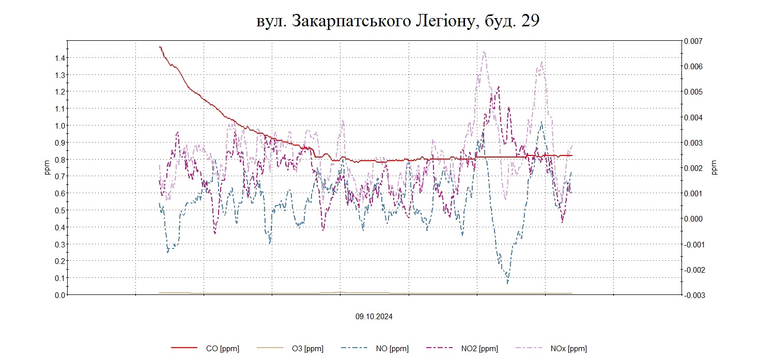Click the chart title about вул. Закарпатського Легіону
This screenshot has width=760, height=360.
point(398,21)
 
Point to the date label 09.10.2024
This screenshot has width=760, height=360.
point(374,317)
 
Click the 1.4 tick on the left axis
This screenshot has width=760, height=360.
point(59,58)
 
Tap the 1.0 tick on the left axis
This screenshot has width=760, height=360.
point(59,126)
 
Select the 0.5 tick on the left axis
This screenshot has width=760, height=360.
point(59,210)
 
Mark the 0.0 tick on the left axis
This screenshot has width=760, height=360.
point(59,295)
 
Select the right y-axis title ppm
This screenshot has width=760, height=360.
point(715,168)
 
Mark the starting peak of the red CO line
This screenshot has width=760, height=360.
point(160,47)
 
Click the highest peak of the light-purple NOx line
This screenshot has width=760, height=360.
point(484,51)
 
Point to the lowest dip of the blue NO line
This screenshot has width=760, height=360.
point(507,283)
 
